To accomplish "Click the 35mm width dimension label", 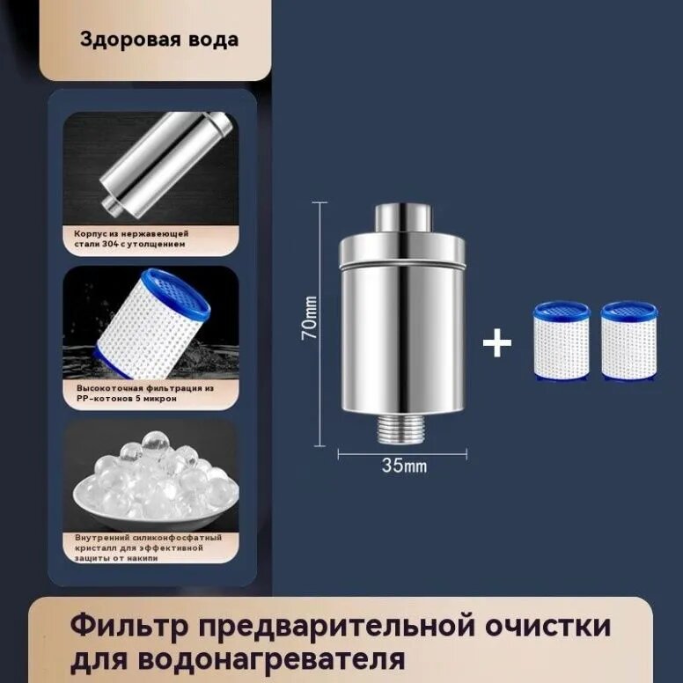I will (x=403, y=466).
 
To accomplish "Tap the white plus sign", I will (x=497, y=343).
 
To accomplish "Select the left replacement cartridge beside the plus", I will (x=561, y=341).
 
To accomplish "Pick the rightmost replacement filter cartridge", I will (x=628, y=341).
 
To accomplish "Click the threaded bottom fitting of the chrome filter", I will (x=402, y=429).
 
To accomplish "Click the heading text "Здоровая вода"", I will (x=159, y=40).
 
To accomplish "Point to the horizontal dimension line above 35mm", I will (x=402, y=453).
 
